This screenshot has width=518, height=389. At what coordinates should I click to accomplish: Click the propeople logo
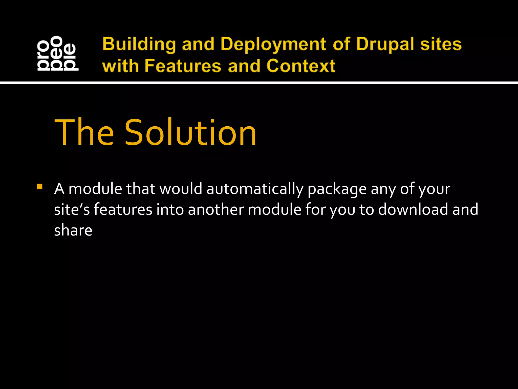(x=58, y=53)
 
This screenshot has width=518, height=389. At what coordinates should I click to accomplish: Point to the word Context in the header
(x=301, y=66)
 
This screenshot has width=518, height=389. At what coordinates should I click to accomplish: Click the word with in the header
(x=120, y=66)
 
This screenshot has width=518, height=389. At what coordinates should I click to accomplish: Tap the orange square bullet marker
(x=39, y=187)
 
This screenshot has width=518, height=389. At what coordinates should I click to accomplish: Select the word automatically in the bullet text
(x=255, y=189)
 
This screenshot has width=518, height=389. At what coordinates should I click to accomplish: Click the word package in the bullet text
(x=337, y=189)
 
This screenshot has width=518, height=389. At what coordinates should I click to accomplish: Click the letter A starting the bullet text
(x=59, y=189)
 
